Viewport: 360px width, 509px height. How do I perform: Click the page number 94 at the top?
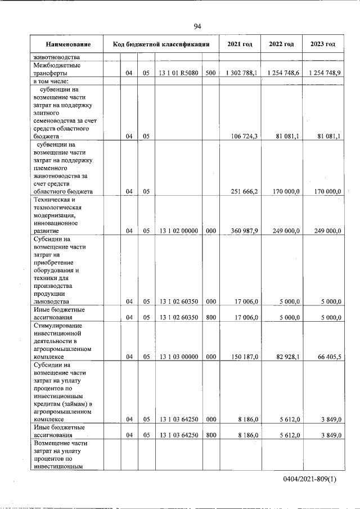pyautogui.click(x=197, y=26)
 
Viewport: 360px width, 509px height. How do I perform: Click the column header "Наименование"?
pyautogui.click(x=68, y=44)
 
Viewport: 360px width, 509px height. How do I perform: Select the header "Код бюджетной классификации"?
pyautogui.click(x=161, y=44)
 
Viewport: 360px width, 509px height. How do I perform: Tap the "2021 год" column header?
pyautogui.click(x=240, y=44)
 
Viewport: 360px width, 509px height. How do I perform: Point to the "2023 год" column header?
pyautogui.click(x=323, y=44)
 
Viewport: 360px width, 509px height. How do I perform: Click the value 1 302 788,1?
pyautogui.click(x=241, y=73)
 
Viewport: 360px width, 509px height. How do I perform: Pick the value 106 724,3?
pyautogui.click(x=244, y=136)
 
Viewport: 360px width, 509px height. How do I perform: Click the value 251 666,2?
pyautogui.click(x=244, y=191)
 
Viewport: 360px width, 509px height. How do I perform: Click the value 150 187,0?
pyautogui.click(x=244, y=357)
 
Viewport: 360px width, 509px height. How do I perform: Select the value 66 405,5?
pyautogui.click(x=327, y=357)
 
